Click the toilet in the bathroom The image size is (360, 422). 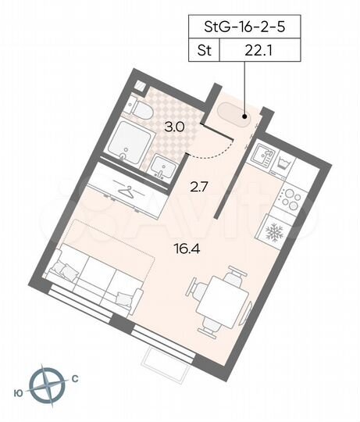141,111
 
